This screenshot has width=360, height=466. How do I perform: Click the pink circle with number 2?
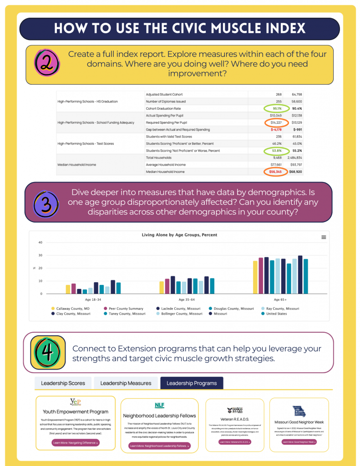[47, 64]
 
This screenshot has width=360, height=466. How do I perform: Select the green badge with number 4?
[47, 352]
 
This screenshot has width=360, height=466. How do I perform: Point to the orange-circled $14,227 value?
[276, 122]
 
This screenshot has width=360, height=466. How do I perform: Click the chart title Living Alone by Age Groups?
[179, 235]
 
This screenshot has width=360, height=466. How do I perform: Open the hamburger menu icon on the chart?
[324, 237]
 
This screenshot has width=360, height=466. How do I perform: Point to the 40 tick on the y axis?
[40, 243]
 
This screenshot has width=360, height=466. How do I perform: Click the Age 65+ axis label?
[280, 300]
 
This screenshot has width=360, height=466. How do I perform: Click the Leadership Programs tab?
[191, 383]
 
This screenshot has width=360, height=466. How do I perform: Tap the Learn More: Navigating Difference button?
[75, 442]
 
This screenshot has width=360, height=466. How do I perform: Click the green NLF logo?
[159, 405]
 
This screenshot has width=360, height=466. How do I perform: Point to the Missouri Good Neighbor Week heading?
[299, 422]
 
